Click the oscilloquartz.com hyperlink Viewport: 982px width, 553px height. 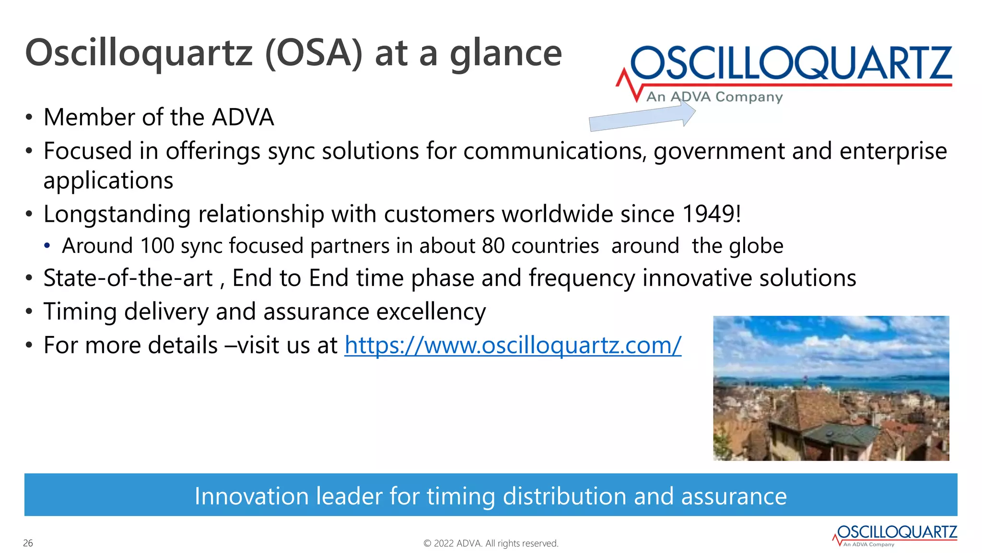click(x=513, y=346)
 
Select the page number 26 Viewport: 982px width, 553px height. click(x=28, y=543)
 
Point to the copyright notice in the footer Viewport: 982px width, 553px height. click(x=491, y=543)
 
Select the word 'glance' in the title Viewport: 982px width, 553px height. click(x=505, y=53)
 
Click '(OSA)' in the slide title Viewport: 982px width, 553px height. click(x=314, y=53)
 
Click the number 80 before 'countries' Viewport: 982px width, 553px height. click(x=493, y=246)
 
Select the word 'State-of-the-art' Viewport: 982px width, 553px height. click(x=128, y=278)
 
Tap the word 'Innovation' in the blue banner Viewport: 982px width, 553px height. click(x=251, y=496)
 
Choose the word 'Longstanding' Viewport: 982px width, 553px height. click(x=117, y=215)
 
